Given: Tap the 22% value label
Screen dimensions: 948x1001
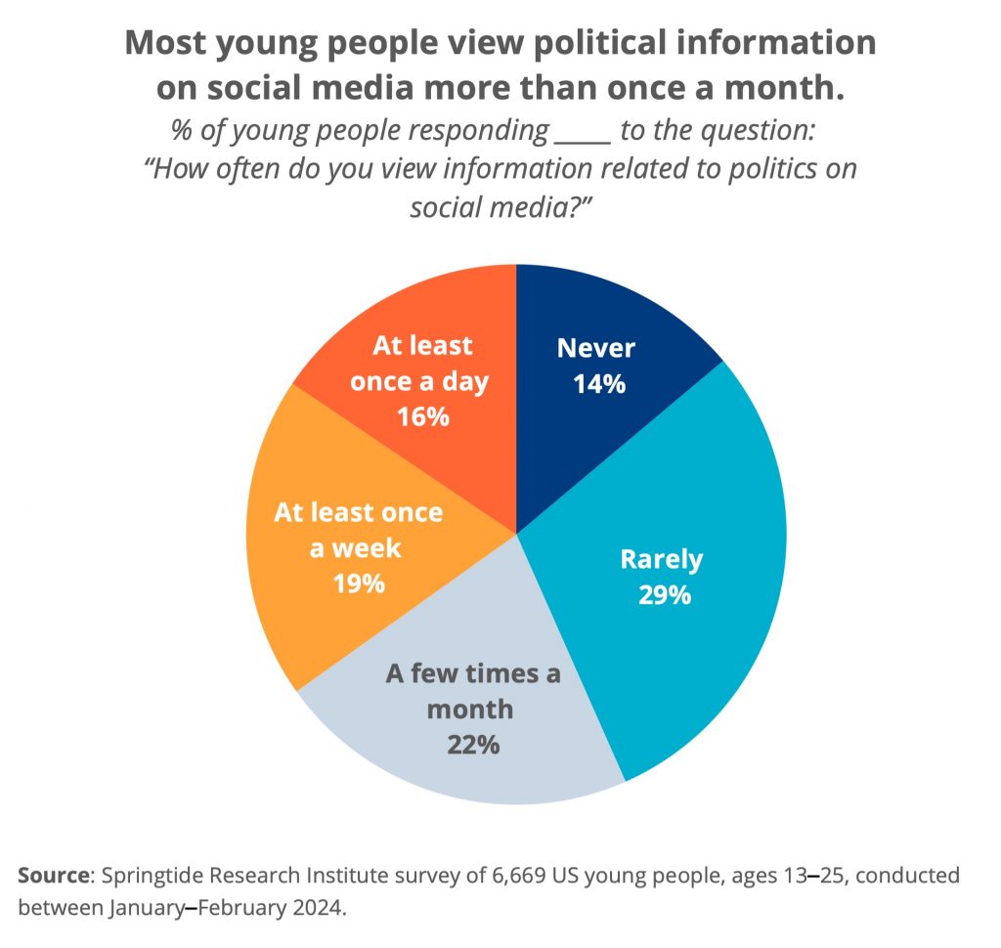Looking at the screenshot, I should pos(474,745).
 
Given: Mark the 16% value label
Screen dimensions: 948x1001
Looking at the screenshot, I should pos(422,417).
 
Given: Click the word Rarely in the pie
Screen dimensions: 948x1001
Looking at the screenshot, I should pos(662,559).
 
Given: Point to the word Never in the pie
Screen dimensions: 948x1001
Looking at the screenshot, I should pos(596,348).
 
